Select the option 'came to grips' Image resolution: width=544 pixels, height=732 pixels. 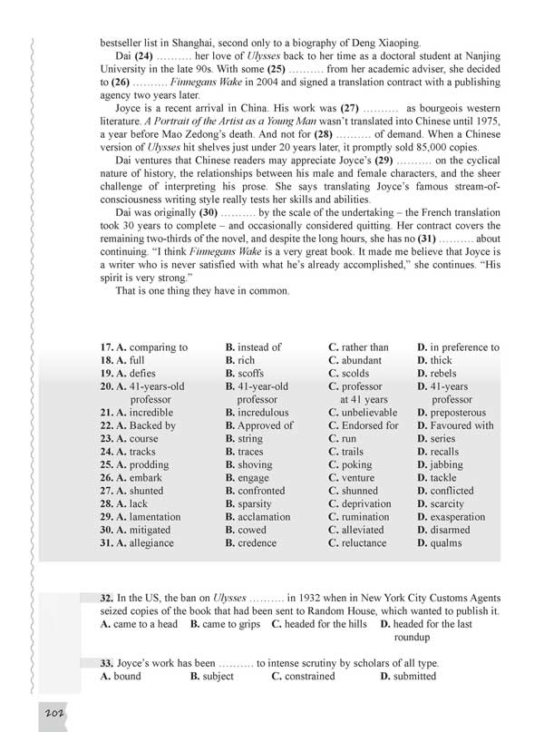[x=228, y=624]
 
